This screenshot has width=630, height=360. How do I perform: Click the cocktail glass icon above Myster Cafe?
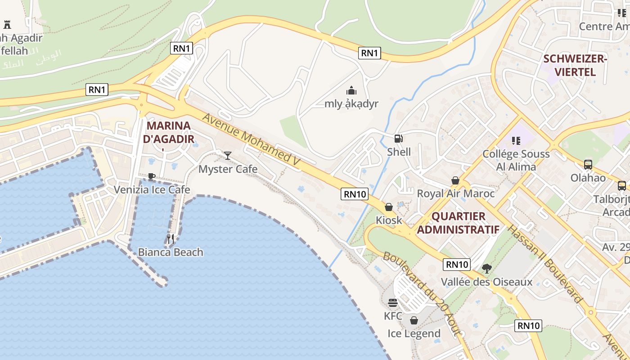click(228, 156)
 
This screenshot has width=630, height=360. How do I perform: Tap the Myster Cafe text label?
click(228, 169)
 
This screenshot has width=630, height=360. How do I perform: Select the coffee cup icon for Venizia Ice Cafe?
click(152, 176)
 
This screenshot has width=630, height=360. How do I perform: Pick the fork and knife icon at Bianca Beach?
click(171, 239)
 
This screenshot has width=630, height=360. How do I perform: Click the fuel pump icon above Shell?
click(398, 139)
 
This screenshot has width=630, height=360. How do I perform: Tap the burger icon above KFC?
click(393, 303)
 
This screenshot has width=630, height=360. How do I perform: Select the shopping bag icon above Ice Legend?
click(414, 320)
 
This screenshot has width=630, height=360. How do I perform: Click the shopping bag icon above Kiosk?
click(389, 207)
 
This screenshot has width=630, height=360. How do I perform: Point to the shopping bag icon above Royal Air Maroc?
click(455, 180)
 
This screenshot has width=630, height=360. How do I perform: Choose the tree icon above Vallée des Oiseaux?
click(486, 269)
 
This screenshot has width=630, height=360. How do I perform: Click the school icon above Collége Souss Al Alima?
click(516, 141)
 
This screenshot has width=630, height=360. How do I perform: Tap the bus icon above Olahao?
click(588, 165)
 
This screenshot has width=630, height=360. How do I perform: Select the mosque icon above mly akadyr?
click(351, 90)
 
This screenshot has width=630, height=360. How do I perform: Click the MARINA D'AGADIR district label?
click(169, 132)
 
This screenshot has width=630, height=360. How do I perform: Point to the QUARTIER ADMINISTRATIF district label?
click(458, 223)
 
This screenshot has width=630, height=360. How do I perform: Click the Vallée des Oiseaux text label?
click(486, 282)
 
